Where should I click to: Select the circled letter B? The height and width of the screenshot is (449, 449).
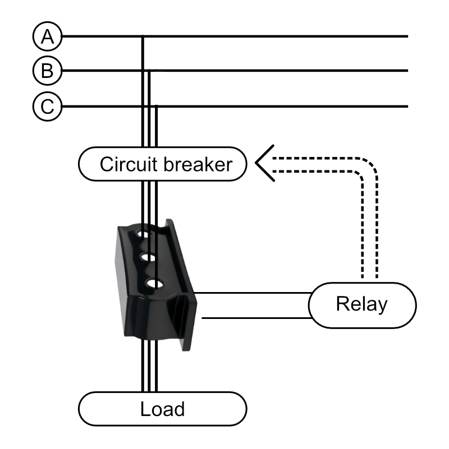tap(48, 71)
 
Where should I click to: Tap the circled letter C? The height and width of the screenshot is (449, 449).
tap(48, 106)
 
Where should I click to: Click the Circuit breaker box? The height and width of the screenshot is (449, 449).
tap(162, 164)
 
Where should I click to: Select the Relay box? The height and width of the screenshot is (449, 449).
tap(362, 305)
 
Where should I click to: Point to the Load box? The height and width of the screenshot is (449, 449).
tap(162, 409)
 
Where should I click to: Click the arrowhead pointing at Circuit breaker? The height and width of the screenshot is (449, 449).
tap(264, 163)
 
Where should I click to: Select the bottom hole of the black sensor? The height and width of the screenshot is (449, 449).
tap(151, 284)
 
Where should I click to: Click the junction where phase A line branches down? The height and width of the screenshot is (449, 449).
tap(143, 37)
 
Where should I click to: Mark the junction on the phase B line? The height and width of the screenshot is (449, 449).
tap(149, 71)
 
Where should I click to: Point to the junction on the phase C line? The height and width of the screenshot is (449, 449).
tap(155, 106)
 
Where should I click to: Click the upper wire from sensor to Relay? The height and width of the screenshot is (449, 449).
tap(253, 293)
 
